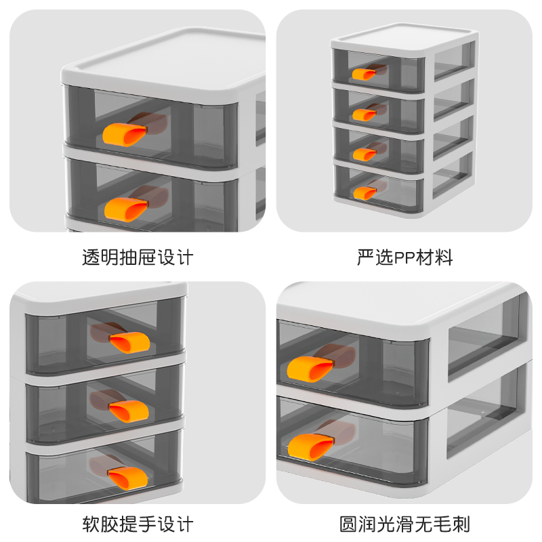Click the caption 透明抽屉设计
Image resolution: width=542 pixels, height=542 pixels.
(x=138, y=257)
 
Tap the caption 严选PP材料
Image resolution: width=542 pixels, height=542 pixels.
(x=404, y=257)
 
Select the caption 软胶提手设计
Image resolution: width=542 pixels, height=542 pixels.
(x=138, y=524)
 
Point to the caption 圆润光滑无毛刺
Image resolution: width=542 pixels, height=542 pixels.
(x=404, y=524)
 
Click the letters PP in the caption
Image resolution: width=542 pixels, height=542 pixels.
(x=404, y=257)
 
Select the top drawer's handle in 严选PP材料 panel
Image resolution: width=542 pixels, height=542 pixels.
(x=364, y=74)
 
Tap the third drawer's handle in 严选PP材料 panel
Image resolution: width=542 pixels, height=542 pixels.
(x=364, y=154)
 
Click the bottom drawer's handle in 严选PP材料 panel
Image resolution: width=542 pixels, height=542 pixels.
(x=364, y=193)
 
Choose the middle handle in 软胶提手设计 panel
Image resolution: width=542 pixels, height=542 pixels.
(x=129, y=409)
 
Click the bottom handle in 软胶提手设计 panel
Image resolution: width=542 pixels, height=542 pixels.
(x=129, y=477)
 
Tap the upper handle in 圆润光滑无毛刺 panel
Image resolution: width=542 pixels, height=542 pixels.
(x=309, y=367)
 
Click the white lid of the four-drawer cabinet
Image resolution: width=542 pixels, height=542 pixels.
(x=404, y=35)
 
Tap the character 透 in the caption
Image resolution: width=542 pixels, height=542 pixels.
(x=91, y=257)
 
